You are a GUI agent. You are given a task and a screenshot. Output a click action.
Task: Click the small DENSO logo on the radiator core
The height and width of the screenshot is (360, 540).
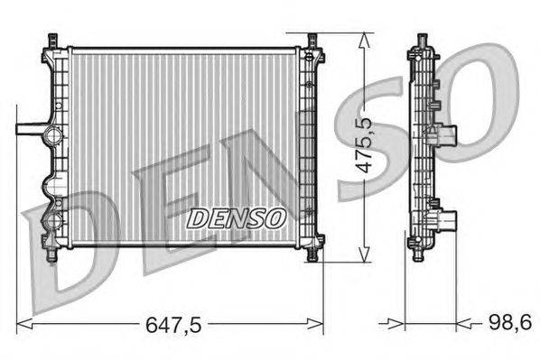click(x=236, y=217)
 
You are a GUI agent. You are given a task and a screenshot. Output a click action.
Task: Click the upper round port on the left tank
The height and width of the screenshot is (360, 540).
click(x=51, y=138)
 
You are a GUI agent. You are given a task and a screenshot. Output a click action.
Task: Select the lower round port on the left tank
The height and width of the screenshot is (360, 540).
click(x=51, y=217)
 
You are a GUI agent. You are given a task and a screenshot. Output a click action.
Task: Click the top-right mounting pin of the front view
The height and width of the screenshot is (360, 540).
click(x=312, y=42)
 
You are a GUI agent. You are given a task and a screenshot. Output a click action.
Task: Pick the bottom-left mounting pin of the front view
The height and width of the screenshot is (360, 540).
click(x=60, y=254)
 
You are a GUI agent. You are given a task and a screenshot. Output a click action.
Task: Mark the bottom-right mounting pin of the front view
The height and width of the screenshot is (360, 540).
click(x=312, y=254)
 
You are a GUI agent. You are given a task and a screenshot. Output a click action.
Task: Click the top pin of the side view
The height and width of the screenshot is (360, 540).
click(x=421, y=42)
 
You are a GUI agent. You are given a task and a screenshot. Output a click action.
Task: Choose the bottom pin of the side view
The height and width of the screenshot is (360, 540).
click(x=421, y=254)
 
